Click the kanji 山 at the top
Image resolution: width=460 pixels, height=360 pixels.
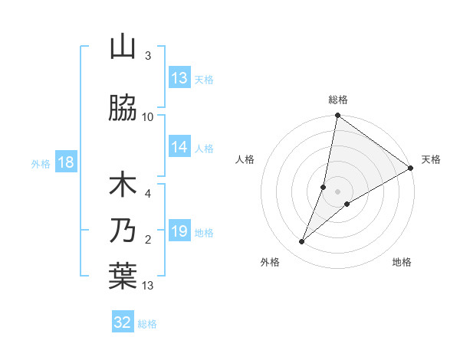123,47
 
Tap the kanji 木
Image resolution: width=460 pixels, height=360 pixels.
123,186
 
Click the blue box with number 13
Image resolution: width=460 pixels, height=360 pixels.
179,78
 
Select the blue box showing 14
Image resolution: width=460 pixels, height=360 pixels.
179,147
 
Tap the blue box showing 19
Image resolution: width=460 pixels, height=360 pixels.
179,231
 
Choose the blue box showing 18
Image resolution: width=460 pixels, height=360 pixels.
66,162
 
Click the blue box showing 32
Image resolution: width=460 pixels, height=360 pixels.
123,322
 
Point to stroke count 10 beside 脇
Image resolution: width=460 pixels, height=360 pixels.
148,116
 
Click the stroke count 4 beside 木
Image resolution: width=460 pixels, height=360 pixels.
148,193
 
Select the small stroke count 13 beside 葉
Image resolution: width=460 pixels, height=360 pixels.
148,286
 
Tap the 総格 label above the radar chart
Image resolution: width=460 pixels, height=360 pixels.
338,100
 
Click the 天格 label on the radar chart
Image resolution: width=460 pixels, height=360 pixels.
431,159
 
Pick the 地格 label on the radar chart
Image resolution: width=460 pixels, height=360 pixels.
402,262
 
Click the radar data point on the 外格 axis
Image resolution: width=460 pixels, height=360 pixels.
302,242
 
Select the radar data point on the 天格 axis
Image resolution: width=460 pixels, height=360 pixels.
411,168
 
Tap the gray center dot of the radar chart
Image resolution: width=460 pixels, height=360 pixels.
338,191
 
